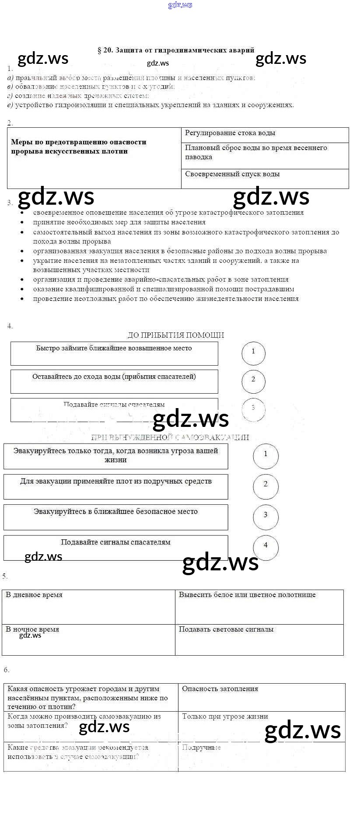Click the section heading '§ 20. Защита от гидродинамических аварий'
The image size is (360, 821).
click(176, 50)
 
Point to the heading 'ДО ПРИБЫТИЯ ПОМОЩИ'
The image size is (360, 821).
click(176, 335)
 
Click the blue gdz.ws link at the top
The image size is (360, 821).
click(180, 5)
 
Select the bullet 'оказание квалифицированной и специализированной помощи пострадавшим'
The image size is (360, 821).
click(164, 289)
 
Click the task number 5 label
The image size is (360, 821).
click(5, 576)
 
